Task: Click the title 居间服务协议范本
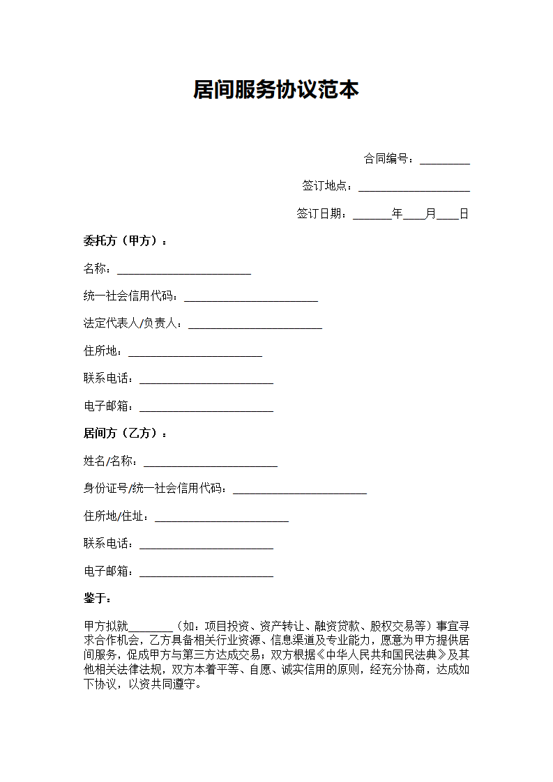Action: click(x=276, y=90)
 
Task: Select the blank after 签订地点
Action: click(x=414, y=187)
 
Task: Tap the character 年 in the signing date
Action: click(x=397, y=214)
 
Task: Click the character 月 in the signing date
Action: click(x=430, y=214)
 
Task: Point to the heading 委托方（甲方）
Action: click(x=125, y=242)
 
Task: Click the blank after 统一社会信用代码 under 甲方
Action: click(x=250, y=298)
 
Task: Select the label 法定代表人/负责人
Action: click(x=132, y=324)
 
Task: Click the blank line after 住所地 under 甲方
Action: click(x=195, y=353)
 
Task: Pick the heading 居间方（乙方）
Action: click(x=125, y=434)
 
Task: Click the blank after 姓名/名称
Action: click(x=210, y=462)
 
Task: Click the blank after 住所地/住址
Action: click(x=221, y=518)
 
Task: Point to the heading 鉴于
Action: click(x=97, y=599)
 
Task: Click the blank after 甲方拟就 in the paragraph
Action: click(x=151, y=627)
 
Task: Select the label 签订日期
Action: click(x=321, y=214)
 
